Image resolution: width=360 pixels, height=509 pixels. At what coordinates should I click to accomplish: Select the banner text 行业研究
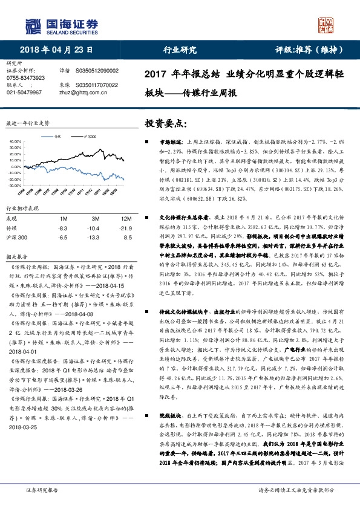coord(180,50)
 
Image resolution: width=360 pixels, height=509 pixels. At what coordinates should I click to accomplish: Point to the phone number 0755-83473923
coord(25,78)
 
